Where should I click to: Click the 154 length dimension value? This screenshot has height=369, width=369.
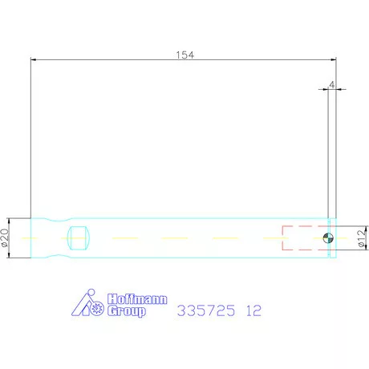[185, 55]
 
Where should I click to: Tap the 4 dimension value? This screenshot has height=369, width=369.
[330, 83]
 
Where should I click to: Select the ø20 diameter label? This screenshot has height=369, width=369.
[6, 237]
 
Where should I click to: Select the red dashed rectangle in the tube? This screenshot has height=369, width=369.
[305, 237]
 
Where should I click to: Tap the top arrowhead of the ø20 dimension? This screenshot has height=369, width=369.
[10, 220]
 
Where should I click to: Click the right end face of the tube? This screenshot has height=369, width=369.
[335, 237]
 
